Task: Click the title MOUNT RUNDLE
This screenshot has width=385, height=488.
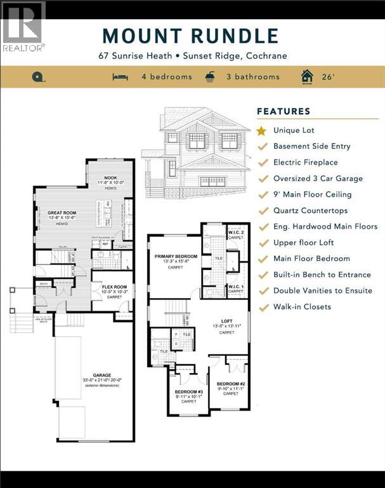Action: pyautogui.click(x=190, y=36)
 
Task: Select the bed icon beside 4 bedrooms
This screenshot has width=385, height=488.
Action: pyautogui.click(x=120, y=77)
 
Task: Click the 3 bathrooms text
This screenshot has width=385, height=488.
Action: pyautogui.click(x=251, y=77)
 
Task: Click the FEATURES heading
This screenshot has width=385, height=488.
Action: pyautogui.click(x=284, y=111)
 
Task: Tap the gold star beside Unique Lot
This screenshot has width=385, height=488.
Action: pyautogui.click(x=261, y=130)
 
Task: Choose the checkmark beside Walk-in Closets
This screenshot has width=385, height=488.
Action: pyautogui.click(x=261, y=307)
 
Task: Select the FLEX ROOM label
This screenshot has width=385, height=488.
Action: pyautogui.click(x=115, y=287)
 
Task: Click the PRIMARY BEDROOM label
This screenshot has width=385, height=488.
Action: pyautogui.click(x=176, y=256)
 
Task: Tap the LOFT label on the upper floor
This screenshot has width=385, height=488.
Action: pyautogui.click(x=226, y=322)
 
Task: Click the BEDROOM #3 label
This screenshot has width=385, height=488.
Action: pyautogui.click(x=188, y=391)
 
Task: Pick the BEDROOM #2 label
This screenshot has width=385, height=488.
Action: pyautogui.click(x=231, y=384)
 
